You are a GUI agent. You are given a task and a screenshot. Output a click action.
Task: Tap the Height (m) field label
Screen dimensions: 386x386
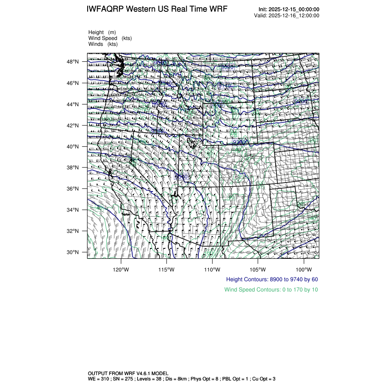(102, 32)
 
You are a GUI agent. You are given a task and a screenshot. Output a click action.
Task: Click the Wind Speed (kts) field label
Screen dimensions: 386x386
(109, 38)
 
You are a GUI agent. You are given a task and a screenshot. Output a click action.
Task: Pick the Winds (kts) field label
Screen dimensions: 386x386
(103, 44)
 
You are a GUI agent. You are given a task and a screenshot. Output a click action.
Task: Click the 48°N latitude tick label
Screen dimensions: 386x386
(74, 62)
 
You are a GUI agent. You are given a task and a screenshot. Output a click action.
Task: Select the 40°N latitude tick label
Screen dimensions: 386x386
(74, 147)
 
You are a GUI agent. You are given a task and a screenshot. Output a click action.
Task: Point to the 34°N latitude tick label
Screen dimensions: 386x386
(74, 210)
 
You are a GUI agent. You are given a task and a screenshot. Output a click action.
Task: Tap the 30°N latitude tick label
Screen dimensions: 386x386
(74, 252)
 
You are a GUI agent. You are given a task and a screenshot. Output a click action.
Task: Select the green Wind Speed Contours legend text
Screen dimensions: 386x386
(271, 289)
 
